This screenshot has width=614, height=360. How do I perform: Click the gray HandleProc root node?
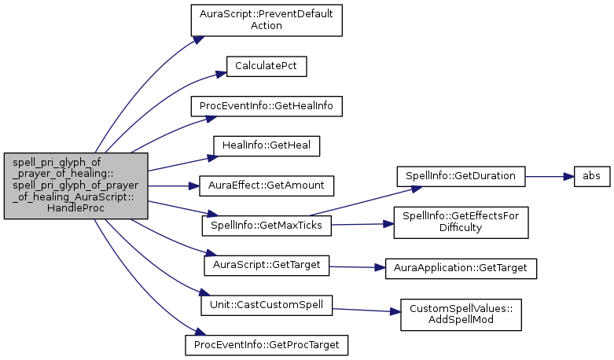(x=75, y=186)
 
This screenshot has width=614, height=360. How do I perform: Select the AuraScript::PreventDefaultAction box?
(x=267, y=20)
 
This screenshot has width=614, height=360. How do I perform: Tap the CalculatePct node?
(x=266, y=66)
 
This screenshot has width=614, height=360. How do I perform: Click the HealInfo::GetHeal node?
(x=267, y=145)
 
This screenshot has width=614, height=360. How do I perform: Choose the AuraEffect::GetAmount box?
(x=267, y=186)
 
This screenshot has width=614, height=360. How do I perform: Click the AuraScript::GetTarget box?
(x=267, y=265)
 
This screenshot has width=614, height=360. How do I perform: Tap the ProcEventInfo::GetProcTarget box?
(x=267, y=344)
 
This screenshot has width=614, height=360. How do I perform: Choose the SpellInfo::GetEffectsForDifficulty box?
(x=460, y=222)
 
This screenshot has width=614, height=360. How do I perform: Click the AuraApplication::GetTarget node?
(x=460, y=268)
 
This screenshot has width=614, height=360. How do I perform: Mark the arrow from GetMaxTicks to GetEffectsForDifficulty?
(x=362, y=224)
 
